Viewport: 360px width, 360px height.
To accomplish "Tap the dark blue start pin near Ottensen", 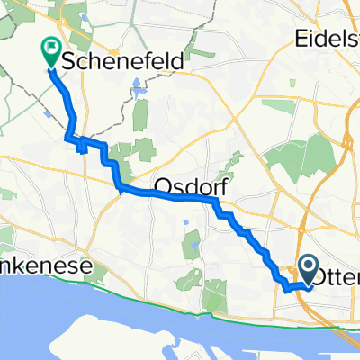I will pos(307,270).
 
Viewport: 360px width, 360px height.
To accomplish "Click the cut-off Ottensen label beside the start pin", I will pos(343,278).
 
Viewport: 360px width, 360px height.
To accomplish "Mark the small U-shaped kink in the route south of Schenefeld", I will pos(84,144).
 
